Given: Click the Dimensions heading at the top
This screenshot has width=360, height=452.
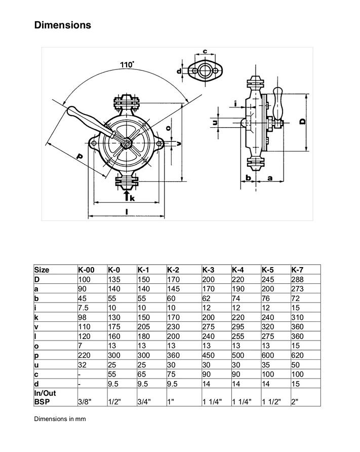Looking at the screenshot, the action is (62, 25).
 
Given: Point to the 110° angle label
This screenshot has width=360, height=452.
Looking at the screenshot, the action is (127, 64).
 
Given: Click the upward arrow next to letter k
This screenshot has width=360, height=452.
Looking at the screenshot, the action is (126, 195).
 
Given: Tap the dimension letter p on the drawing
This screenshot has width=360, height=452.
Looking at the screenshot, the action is (79, 157).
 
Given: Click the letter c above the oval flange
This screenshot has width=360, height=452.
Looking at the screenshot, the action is (205, 52).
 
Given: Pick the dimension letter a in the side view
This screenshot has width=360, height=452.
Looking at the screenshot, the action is (269, 178).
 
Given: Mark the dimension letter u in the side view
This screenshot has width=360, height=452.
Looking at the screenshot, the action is (215, 123).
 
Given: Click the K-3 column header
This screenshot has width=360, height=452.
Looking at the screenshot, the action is (208, 270).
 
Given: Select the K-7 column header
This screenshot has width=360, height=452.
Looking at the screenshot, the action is (297, 270).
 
